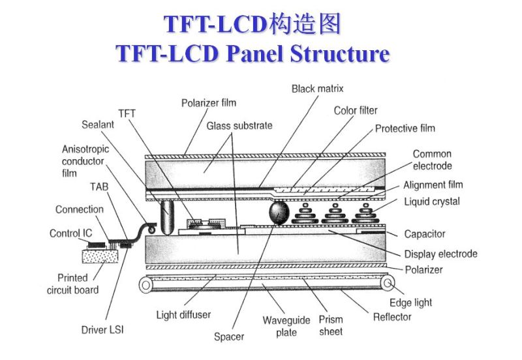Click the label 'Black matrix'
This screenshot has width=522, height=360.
click(x=317, y=88)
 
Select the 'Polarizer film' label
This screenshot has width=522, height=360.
click(x=208, y=102)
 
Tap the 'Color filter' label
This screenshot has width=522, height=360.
click(x=356, y=111)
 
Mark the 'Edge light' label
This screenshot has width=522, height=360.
click(x=410, y=303)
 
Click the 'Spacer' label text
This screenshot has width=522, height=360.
click(x=229, y=337)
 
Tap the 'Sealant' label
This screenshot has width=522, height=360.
click(x=98, y=125)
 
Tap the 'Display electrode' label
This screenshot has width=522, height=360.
click(x=440, y=254)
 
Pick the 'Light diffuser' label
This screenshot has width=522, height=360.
click(x=183, y=315)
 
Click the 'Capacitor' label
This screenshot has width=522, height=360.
click(x=424, y=234)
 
